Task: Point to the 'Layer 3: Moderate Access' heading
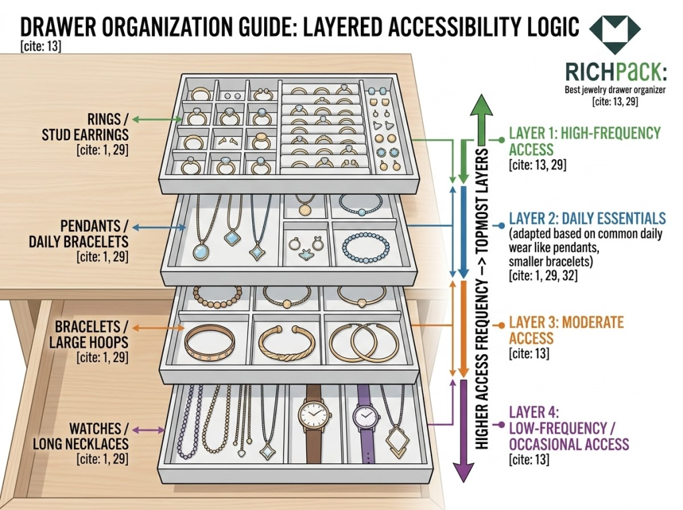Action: [566, 330]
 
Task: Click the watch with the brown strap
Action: [312, 419]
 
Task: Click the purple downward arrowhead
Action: [462, 470]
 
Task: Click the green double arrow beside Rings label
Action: [147, 120]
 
